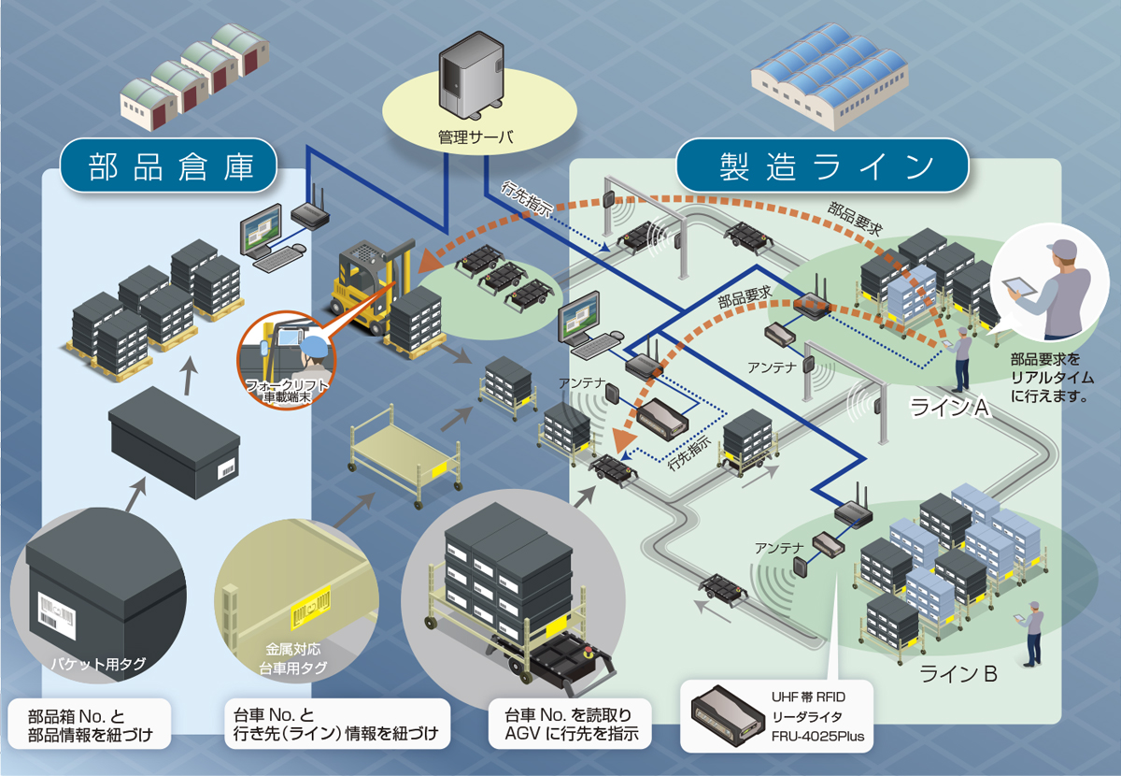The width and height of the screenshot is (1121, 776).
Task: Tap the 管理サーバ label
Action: (475, 138)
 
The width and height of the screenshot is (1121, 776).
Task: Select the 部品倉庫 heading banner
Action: (170, 168)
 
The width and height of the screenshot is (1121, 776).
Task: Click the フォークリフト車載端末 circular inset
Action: (289, 360)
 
